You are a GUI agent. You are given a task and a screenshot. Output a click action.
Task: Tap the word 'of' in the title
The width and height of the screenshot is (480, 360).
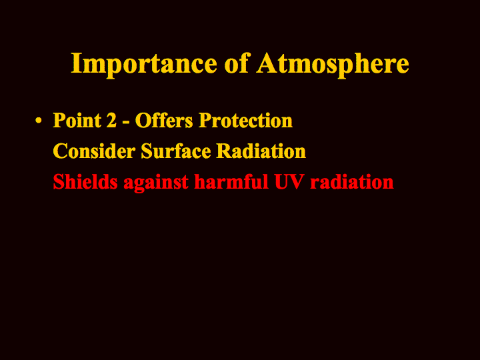[237, 63]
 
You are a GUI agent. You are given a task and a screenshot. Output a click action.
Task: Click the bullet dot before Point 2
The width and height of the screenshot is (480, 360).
[38, 120]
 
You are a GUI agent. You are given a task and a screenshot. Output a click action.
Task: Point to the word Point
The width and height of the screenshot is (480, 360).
[77, 120]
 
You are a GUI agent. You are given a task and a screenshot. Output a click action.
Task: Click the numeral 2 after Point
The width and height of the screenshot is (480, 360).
[111, 120]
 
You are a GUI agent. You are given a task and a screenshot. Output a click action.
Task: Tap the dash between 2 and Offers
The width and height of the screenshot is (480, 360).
[125, 123]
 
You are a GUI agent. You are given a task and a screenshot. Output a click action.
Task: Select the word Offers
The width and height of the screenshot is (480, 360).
[164, 120]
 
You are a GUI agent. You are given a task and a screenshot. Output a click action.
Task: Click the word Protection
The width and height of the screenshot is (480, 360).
[245, 120]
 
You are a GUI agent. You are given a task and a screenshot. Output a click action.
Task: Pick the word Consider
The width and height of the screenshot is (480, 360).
[94, 151]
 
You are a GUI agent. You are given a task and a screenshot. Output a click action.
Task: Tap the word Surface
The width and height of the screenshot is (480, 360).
[176, 151]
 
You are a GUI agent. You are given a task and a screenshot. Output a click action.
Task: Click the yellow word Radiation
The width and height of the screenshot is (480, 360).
[261, 151]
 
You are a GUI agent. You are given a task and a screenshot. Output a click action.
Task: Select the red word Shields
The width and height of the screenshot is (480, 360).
[85, 181]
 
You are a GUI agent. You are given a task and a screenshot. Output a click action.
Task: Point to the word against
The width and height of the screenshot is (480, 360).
[156, 183]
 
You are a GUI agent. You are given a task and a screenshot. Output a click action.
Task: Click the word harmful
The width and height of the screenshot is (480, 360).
[231, 181]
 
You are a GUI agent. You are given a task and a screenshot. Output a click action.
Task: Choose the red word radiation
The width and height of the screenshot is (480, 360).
[352, 182]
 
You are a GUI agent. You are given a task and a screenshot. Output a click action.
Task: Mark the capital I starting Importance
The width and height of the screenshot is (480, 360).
[77, 63]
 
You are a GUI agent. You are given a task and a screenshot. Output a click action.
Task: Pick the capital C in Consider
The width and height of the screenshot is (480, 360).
[60, 151]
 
